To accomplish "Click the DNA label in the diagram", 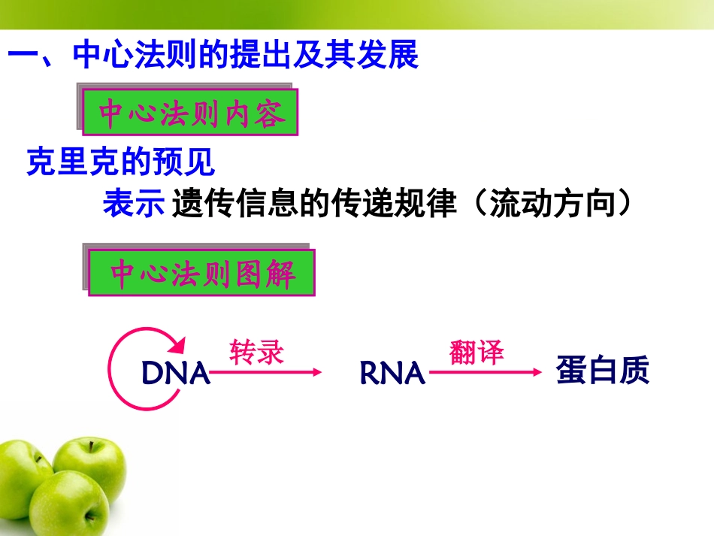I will pyautogui.click(x=175, y=373).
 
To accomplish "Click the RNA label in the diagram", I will pyautogui.click(x=392, y=373).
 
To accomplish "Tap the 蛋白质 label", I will pyautogui.click(x=602, y=371).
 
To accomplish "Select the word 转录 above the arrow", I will pyautogui.click(x=257, y=352).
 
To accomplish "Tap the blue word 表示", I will pyautogui.click(x=133, y=204).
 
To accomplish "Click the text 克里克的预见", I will pyautogui.click(x=120, y=162).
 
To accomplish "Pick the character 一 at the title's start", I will pyautogui.click(x=23, y=56).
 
